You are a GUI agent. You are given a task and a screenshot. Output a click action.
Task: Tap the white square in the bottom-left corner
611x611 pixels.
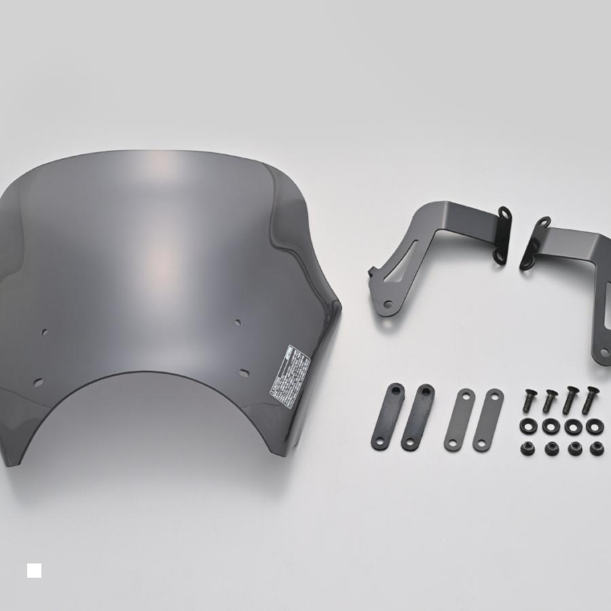pyautogui.click(x=34, y=570)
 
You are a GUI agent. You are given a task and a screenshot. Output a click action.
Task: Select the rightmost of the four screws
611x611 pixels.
pyautogui.click(x=590, y=399)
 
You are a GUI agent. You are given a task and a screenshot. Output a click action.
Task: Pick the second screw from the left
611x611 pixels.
pyautogui.click(x=549, y=401)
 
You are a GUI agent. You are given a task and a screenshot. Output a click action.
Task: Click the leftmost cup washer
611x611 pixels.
pyautogui.click(x=528, y=426)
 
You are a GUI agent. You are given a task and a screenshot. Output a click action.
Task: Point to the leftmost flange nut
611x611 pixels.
pyautogui.click(x=528, y=448)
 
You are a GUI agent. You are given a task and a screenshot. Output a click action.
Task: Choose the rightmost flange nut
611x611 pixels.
pyautogui.click(x=597, y=448)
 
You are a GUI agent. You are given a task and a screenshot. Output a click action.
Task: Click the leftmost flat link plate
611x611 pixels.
pyautogui.click(x=388, y=416)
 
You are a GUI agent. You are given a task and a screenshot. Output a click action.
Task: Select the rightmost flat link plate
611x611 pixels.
pyautogui.click(x=488, y=420)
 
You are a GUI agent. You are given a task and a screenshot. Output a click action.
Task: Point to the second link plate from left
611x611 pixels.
pyautogui.click(x=418, y=417)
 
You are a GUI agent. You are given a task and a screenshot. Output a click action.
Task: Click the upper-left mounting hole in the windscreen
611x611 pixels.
pyautogui.click(x=45, y=332)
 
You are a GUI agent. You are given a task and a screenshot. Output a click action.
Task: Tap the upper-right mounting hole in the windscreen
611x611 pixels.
pyautogui.click(x=238, y=322)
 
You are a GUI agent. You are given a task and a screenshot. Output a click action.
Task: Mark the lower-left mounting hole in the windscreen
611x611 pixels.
pyautogui.click(x=38, y=382)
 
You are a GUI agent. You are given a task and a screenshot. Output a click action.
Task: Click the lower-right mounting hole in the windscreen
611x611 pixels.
pyautogui.click(x=244, y=373)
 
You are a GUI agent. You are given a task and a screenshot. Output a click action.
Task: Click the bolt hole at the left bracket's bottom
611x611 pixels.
pyautogui.click(x=387, y=304)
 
